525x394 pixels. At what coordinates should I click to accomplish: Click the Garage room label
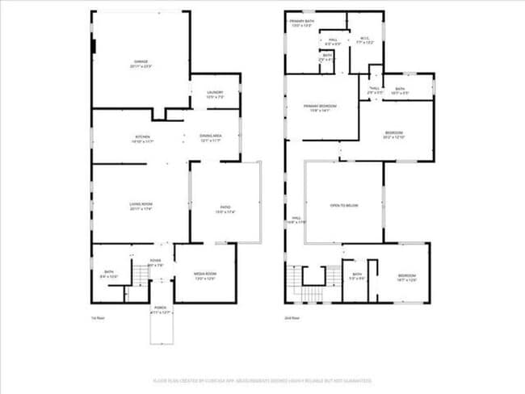[x=141, y=64]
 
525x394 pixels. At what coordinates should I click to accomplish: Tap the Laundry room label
[x=215, y=94]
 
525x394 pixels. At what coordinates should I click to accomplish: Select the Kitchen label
[x=141, y=137]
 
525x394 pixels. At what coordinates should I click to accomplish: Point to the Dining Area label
[x=211, y=137]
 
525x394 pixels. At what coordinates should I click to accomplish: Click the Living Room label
[x=141, y=206]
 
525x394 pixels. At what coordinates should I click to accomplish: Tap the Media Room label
[x=205, y=275]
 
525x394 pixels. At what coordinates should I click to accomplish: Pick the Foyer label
[x=156, y=262]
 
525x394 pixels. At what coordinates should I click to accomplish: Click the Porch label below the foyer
[x=162, y=312]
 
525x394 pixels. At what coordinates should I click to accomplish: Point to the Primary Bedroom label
[x=320, y=107]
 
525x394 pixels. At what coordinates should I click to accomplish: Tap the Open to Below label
[x=343, y=206]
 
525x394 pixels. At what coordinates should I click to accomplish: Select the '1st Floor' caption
[x=99, y=318]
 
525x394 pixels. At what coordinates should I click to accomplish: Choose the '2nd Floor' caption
[x=292, y=318]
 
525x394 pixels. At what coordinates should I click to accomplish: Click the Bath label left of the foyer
[x=108, y=274]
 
